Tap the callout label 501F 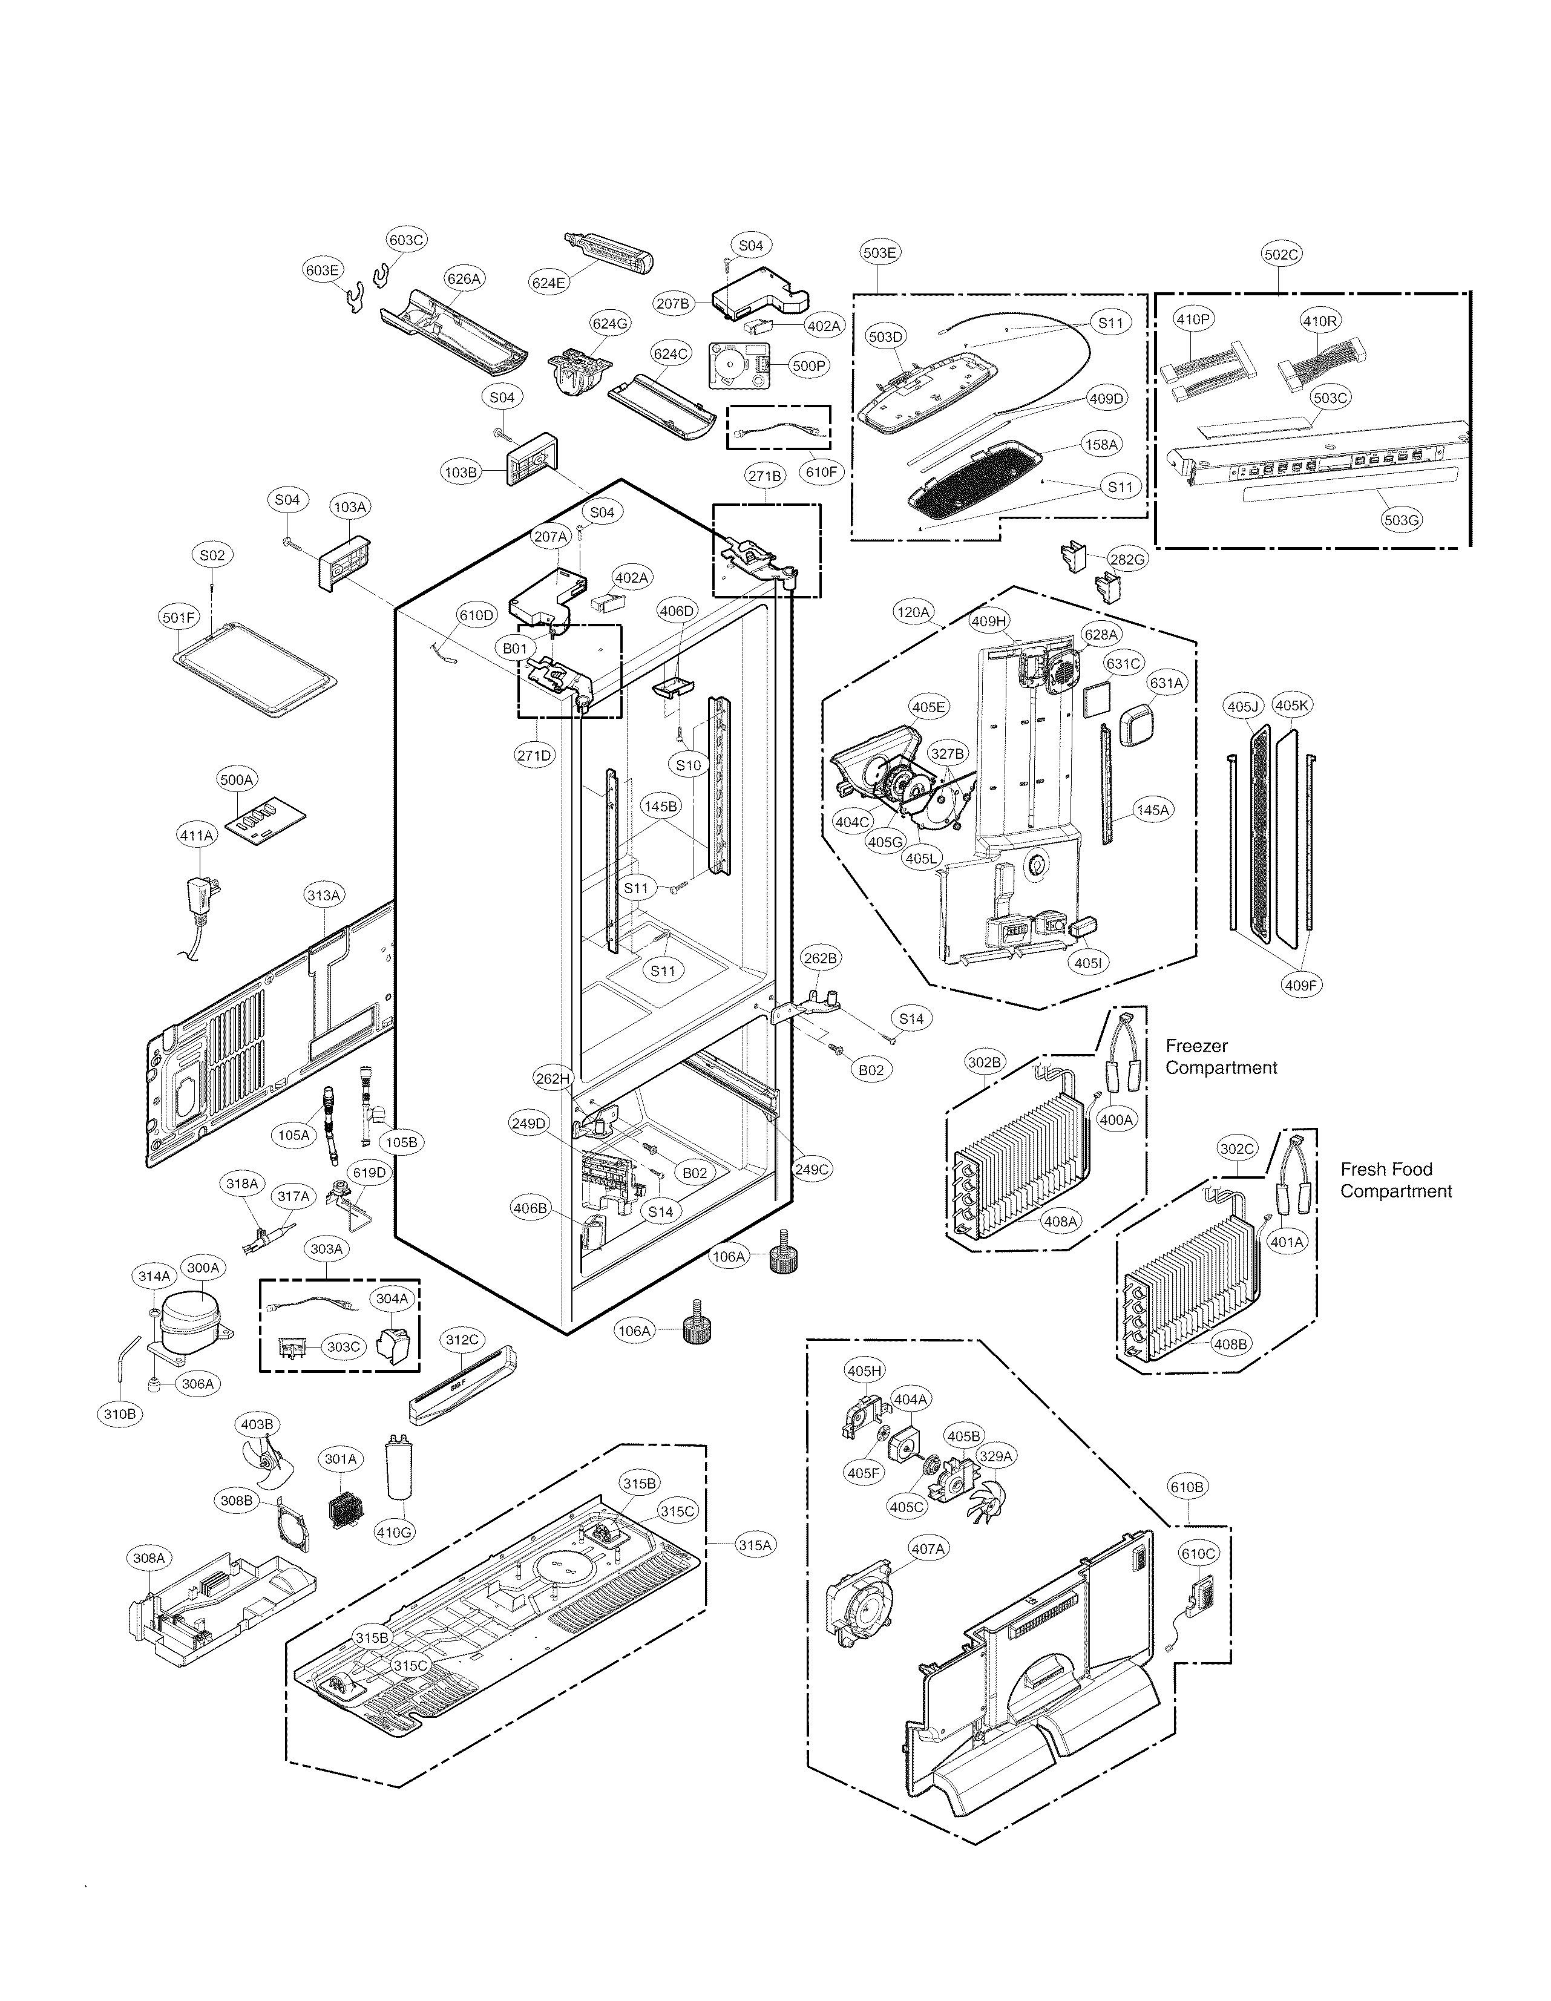point(179,618)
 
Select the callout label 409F point(1301,986)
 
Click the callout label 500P point(809,365)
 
